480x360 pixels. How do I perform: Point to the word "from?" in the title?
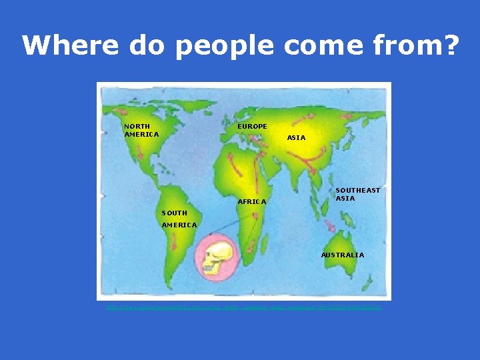pyautogui.click(x=420, y=45)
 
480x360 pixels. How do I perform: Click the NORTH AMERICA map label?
pyautogui.click(x=141, y=130)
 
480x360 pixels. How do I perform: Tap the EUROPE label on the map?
pyautogui.click(x=252, y=126)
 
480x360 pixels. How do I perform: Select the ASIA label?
pyautogui.click(x=296, y=138)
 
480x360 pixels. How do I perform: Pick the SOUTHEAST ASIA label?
pyautogui.click(x=357, y=194)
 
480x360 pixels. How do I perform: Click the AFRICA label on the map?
pyautogui.click(x=252, y=201)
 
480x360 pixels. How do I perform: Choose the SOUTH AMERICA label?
pyautogui.click(x=179, y=219)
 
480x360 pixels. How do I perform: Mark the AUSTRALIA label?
pyautogui.click(x=343, y=255)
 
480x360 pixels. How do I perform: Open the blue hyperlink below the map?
pyautogui.click(x=243, y=307)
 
